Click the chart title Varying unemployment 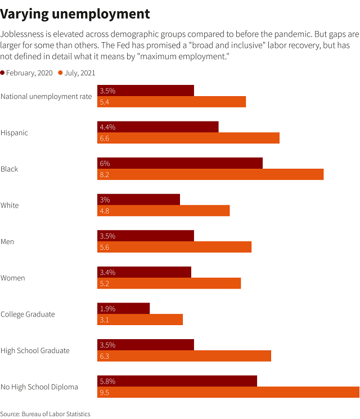(75, 13)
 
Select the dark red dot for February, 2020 (3, 73)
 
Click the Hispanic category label (14, 133)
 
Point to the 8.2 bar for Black (210, 174)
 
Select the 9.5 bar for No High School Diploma (228, 393)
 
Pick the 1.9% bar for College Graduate (124, 308)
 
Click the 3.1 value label (104, 319)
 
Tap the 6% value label (105, 163)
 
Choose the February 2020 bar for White (138, 200)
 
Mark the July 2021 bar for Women (169, 283)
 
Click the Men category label (7, 241)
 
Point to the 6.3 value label (104, 356)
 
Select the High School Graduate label (35, 350)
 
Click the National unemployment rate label (46, 96)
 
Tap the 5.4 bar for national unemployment (172, 102)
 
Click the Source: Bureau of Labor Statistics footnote (45, 414)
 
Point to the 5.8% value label (107, 381)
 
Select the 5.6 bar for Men (174, 247)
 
